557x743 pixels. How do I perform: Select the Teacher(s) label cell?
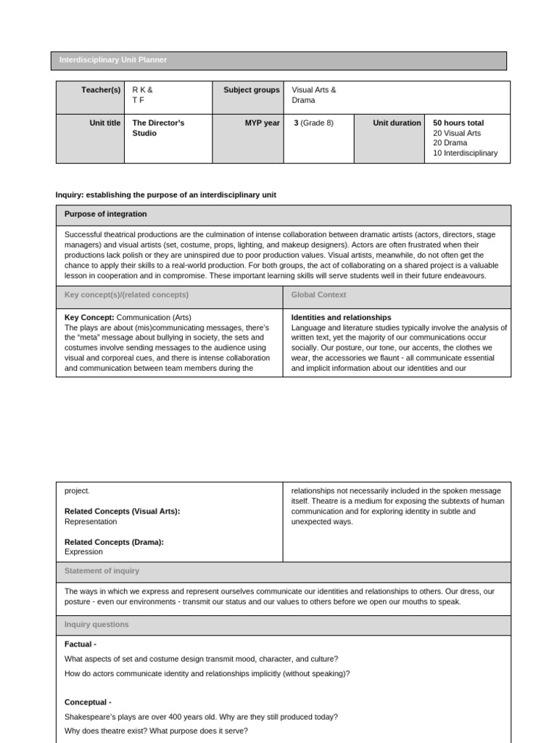[101, 90]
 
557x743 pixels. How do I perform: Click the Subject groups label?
[251, 90]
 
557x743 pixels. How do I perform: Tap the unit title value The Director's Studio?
[158, 128]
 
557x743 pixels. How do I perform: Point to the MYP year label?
[262, 123]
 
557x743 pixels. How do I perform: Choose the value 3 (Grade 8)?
[313, 123]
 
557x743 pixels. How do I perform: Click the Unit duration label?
[397, 123]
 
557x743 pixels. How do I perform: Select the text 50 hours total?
[458, 123]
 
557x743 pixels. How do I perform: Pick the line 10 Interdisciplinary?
[465, 153]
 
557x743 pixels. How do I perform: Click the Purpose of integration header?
[105, 214]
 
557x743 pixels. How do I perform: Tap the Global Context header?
[318, 295]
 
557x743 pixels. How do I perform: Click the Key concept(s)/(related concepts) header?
[126, 295]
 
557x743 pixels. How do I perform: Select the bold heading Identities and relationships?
[341, 318]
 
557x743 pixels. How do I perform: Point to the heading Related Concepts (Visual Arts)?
[122, 512]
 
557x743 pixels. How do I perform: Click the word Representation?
[91, 522]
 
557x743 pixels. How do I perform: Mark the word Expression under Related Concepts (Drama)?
[83, 551]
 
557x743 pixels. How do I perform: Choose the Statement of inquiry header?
[102, 571]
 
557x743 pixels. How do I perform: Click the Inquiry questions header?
[96, 625]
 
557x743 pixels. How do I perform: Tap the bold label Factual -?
[81, 644]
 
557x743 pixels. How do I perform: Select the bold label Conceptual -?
[88, 702]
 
